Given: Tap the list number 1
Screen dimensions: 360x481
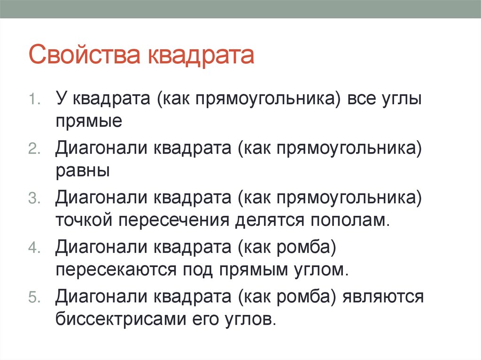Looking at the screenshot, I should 34,100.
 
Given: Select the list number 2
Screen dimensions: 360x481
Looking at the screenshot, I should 34,149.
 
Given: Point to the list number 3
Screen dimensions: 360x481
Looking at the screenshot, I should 34,198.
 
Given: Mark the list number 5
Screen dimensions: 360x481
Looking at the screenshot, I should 34,297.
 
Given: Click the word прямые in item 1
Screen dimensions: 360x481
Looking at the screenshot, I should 89,121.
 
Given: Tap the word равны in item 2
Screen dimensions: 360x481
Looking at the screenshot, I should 83,170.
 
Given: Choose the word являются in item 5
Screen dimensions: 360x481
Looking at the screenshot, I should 384,297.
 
